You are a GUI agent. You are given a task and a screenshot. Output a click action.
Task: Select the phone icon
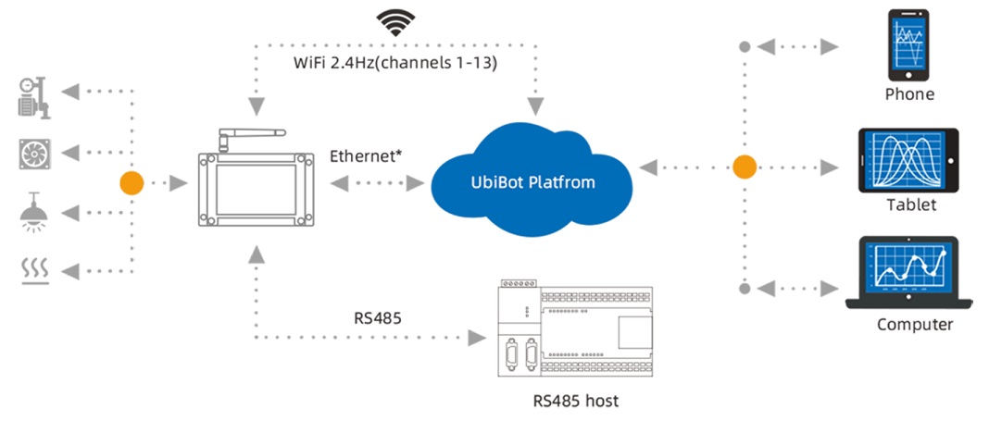coord(908,45)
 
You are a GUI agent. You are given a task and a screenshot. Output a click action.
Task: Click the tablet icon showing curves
coord(908,159)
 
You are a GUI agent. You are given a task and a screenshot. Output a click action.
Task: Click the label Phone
coord(908,94)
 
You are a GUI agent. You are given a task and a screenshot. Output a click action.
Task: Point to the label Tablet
coord(910,204)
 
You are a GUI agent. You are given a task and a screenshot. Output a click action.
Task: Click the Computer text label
coord(914,325)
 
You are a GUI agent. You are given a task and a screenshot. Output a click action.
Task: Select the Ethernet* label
coord(366,155)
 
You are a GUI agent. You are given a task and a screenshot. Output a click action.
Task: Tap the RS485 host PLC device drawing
coord(574,328)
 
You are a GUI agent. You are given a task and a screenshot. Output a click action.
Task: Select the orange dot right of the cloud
coord(745,167)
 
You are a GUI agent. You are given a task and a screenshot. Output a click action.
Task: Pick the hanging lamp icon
coord(35,212)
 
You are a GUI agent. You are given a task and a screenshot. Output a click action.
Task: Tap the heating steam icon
coord(35,270)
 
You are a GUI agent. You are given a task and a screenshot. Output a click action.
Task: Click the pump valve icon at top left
coord(35,97)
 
